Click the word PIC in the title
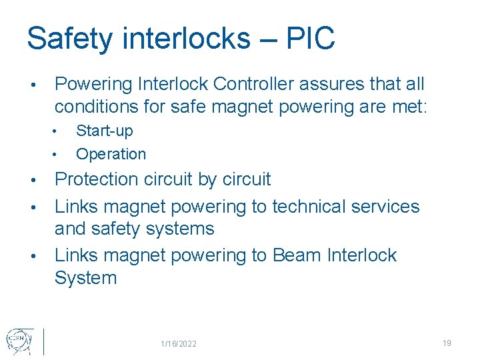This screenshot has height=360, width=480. click(x=310, y=39)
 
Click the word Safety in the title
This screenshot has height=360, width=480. click(x=69, y=39)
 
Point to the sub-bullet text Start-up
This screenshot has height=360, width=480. click(x=105, y=131)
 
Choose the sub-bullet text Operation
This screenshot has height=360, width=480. click(x=111, y=154)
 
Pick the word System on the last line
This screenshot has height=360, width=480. click(x=85, y=278)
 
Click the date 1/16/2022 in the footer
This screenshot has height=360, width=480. click(x=179, y=344)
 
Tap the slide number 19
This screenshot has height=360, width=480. click(x=447, y=343)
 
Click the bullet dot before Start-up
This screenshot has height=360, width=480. click(x=59, y=131)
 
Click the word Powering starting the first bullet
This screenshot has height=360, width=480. click(x=93, y=84)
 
